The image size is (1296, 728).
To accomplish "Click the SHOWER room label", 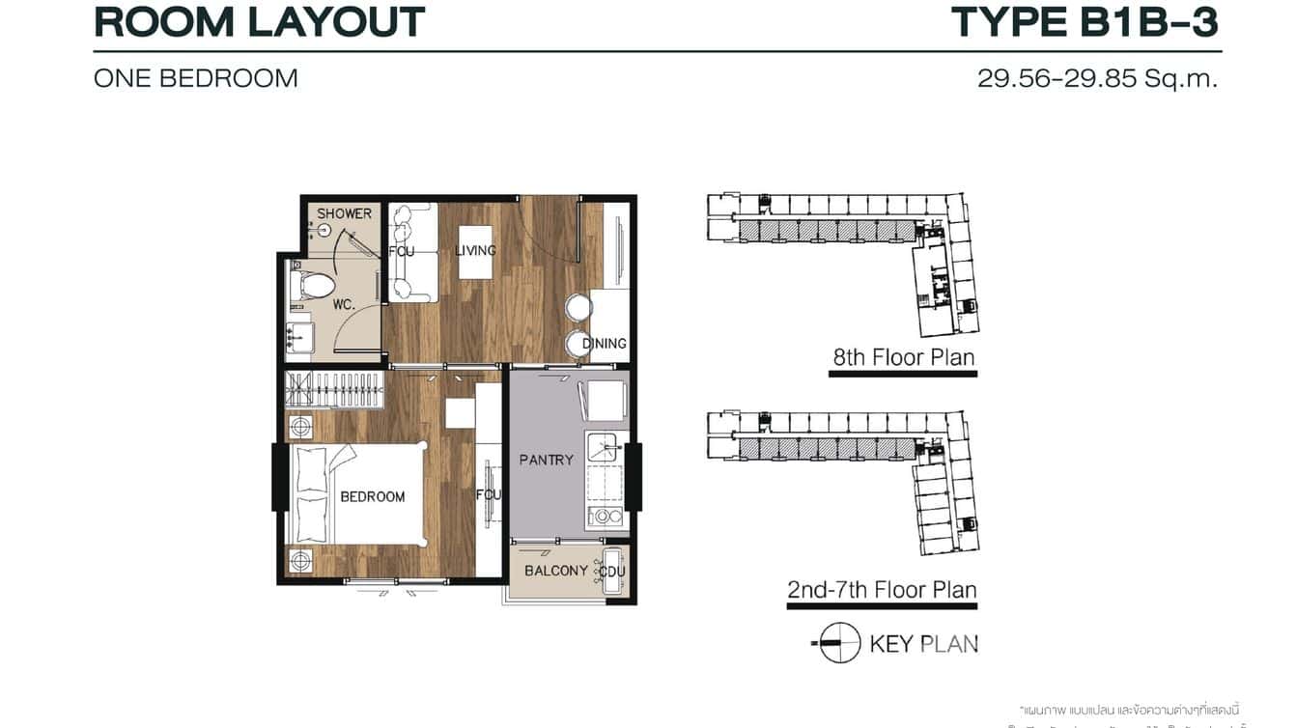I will point(344,213).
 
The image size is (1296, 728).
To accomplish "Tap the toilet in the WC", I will point(312,286).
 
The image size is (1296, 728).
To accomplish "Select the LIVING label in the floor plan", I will point(475,251).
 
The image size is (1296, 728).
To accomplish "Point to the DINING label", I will point(605,344).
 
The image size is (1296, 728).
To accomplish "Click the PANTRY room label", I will point(546,461).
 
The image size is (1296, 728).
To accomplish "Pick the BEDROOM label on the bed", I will point(372,496).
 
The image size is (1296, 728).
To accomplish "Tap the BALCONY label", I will point(556,571).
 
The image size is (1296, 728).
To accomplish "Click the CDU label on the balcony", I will point(612,572).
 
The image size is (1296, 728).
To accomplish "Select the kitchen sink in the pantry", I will point(605,448).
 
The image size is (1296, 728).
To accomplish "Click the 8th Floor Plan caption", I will point(904,357).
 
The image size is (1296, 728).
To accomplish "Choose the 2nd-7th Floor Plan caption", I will point(882,589).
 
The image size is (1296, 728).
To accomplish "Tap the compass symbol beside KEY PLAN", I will point(838,643).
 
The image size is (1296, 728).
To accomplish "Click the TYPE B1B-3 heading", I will point(1085,21).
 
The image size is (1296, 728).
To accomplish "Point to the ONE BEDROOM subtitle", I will point(196,78).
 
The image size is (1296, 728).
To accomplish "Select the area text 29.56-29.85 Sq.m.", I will point(1097,78).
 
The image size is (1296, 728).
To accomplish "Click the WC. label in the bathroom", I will point(345,304).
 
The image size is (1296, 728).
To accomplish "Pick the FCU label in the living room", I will point(401,251).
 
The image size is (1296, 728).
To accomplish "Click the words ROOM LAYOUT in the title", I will point(260,21).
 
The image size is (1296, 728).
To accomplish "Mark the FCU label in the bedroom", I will point(489,495).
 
